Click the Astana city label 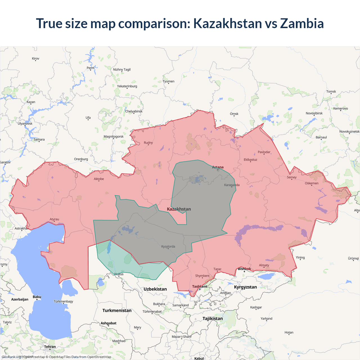[x=218, y=167]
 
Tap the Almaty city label [x=264, y=265]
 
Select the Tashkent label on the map [x=200, y=287]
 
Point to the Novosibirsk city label [x=314, y=113]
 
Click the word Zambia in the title [x=302, y=23]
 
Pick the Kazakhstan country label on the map [x=179, y=209]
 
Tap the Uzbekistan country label [x=155, y=289]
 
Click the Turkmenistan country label [x=117, y=310]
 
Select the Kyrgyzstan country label [x=245, y=287]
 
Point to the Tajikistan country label [x=213, y=319]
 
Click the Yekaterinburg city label [x=127, y=86]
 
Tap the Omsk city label [x=234, y=114]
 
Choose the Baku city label [x=37, y=297]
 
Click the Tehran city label [x=50, y=347]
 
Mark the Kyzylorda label [x=168, y=247]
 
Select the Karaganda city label [x=232, y=185]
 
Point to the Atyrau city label [x=54, y=219]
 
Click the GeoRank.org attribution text [x=11, y=357]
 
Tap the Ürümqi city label [x=353, y=258]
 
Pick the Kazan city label [x=31, y=102]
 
